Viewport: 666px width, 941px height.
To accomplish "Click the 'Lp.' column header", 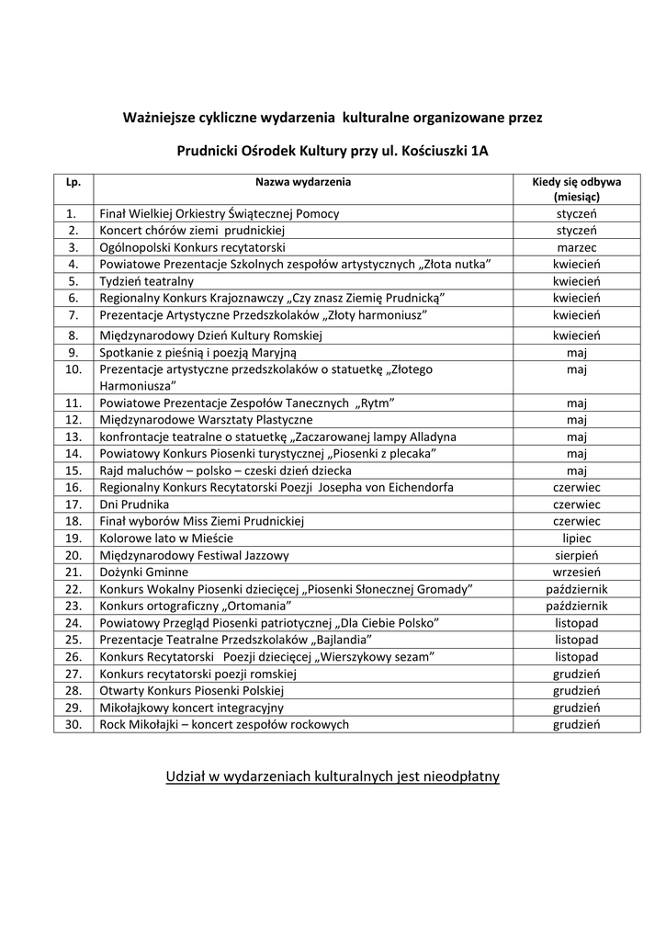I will click(x=73, y=182).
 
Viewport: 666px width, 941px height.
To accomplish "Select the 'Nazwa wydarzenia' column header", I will click(x=302, y=182).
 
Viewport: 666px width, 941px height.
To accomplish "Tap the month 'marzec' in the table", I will click(x=576, y=248).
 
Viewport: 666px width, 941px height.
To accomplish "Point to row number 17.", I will click(x=73, y=505).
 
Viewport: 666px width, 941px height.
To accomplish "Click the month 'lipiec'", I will click(x=576, y=538).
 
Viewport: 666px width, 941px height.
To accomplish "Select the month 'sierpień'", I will click(x=576, y=555).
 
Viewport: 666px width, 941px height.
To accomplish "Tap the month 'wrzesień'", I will click(x=576, y=572).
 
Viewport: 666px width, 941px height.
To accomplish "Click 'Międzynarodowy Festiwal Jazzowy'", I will click(x=194, y=555).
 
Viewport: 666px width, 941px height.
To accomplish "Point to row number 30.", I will click(x=73, y=724).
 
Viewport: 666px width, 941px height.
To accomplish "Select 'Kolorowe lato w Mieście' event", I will click(x=166, y=538).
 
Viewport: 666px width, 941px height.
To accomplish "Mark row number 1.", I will click(x=73, y=213).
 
